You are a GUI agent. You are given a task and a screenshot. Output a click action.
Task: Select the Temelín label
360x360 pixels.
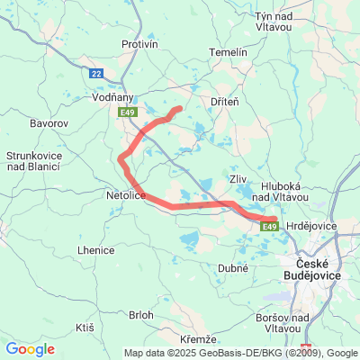tap(228, 52)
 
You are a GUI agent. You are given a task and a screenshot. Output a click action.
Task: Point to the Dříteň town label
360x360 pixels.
tap(223, 102)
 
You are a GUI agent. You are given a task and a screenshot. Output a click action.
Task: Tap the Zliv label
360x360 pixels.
tap(238, 179)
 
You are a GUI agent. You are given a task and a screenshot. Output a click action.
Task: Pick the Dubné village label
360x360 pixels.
tap(232, 268)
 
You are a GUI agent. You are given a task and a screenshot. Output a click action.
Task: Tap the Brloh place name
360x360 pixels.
tap(141, 315)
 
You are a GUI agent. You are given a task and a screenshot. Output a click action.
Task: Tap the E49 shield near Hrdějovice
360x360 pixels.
tap(269, 227)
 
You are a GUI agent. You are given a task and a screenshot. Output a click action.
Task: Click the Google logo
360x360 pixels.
tap(30, 349)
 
